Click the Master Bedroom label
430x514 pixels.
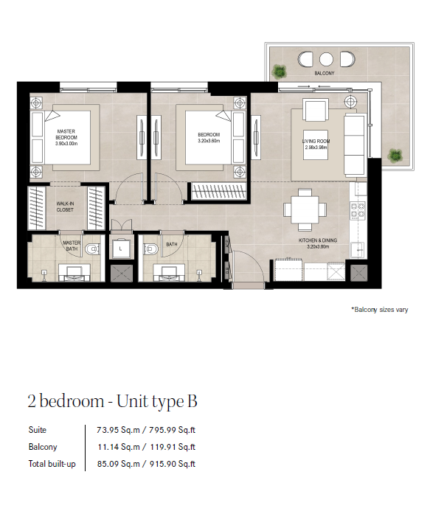(x=66, y=137)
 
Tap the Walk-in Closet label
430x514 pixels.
(x=65, y=206)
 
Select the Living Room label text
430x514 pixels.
(x=316, y=141)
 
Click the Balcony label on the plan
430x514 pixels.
(x=325, y=73)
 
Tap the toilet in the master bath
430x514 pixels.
(x=92, y=249)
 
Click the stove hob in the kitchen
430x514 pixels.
(x=358, y=210)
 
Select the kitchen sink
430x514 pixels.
(x=358, y=250)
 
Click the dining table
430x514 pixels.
(x=305, y=209)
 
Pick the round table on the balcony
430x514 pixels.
(x=326, y=59)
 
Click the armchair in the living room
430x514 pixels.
(x=316, y=110)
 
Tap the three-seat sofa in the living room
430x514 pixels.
(x=355, y=145)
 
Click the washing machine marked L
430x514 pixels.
(x=121, y=249)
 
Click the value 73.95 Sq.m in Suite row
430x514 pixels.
(x=118, y=430)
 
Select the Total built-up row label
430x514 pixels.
(x=52, y=464)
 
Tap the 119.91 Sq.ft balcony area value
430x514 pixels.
(x=173, y=447)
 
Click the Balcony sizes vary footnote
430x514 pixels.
(x=380, y=310)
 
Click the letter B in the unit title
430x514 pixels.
(x=193, y=401)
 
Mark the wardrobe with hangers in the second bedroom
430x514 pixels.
(x=218, y=191)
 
